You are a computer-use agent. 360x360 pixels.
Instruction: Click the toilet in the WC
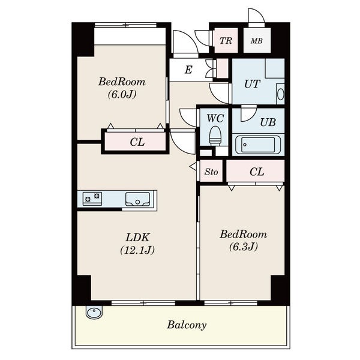(x=215, y=136)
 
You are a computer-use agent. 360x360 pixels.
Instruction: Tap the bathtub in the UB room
(x=258, y=145)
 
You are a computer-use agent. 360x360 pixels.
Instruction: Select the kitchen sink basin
(x=137, y=199)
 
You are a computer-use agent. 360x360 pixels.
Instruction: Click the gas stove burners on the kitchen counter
(x=92, y=199)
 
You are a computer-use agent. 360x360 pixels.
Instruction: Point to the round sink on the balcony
(x=94, y=312)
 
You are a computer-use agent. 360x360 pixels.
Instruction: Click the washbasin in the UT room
(x=280, y=94)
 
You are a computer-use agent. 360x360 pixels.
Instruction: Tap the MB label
(x=257, y=41)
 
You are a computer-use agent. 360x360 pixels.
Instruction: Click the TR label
(x=226, y=41)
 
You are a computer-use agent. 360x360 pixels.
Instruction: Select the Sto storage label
(x=211, y=172)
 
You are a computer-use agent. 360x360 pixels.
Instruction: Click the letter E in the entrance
(x=188, y=70)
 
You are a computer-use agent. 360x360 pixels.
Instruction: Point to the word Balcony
(x=187, y=325)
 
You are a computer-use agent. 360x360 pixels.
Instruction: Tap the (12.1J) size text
(x=137, y=250)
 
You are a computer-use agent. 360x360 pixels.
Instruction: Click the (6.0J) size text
(x=122, y=94)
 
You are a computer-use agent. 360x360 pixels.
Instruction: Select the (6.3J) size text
(x=244, y=247)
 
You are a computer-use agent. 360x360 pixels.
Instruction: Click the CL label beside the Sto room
(x=257, y=172)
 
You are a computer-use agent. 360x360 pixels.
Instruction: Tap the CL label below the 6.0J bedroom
(x=137, y=142)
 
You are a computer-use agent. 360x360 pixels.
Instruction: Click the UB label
(x=268, y=122)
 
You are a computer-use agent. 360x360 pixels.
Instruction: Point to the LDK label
(x=137, y=238)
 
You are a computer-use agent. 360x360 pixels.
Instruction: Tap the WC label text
(x=215, y=118)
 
